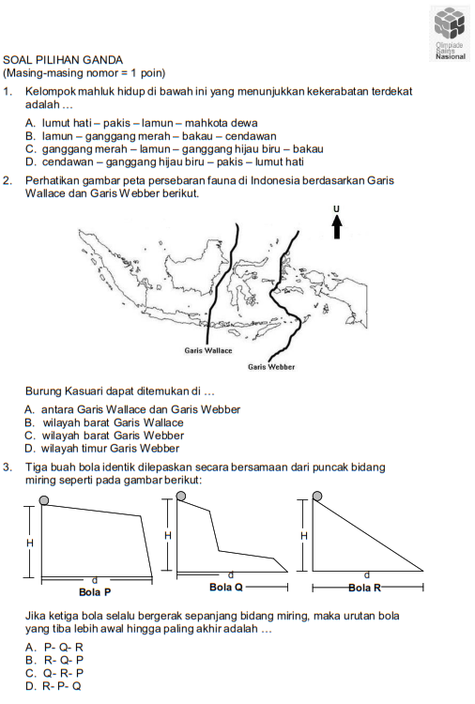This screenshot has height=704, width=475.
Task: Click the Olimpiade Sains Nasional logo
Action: point(450,34)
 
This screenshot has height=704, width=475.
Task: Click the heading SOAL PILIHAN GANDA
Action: point(63,60)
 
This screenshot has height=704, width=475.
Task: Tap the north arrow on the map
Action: point(337,227)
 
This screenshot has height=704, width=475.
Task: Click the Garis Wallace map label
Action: point(208,351)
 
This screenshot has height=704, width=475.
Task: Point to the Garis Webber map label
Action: point(271,367)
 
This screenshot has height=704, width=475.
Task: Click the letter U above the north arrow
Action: point(337,208)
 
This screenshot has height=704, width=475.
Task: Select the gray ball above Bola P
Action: point(43,500)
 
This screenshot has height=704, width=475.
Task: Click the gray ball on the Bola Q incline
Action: point(181,496)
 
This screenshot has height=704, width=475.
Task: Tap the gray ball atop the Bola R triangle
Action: point(317,496)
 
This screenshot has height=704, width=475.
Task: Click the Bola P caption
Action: point(95,592)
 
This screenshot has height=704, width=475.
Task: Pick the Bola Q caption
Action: point(226,588)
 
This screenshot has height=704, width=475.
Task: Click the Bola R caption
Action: point(364,588)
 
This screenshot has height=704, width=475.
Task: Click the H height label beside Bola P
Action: point(30,543)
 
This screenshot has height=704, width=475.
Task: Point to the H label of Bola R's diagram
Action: point(304,536)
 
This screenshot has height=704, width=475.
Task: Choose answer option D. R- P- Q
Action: point(54,686)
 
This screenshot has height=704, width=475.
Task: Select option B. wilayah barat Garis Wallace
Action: point(104,422)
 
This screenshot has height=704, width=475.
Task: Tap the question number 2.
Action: point(7,181)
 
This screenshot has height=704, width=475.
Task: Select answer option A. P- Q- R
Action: point(54,647)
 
